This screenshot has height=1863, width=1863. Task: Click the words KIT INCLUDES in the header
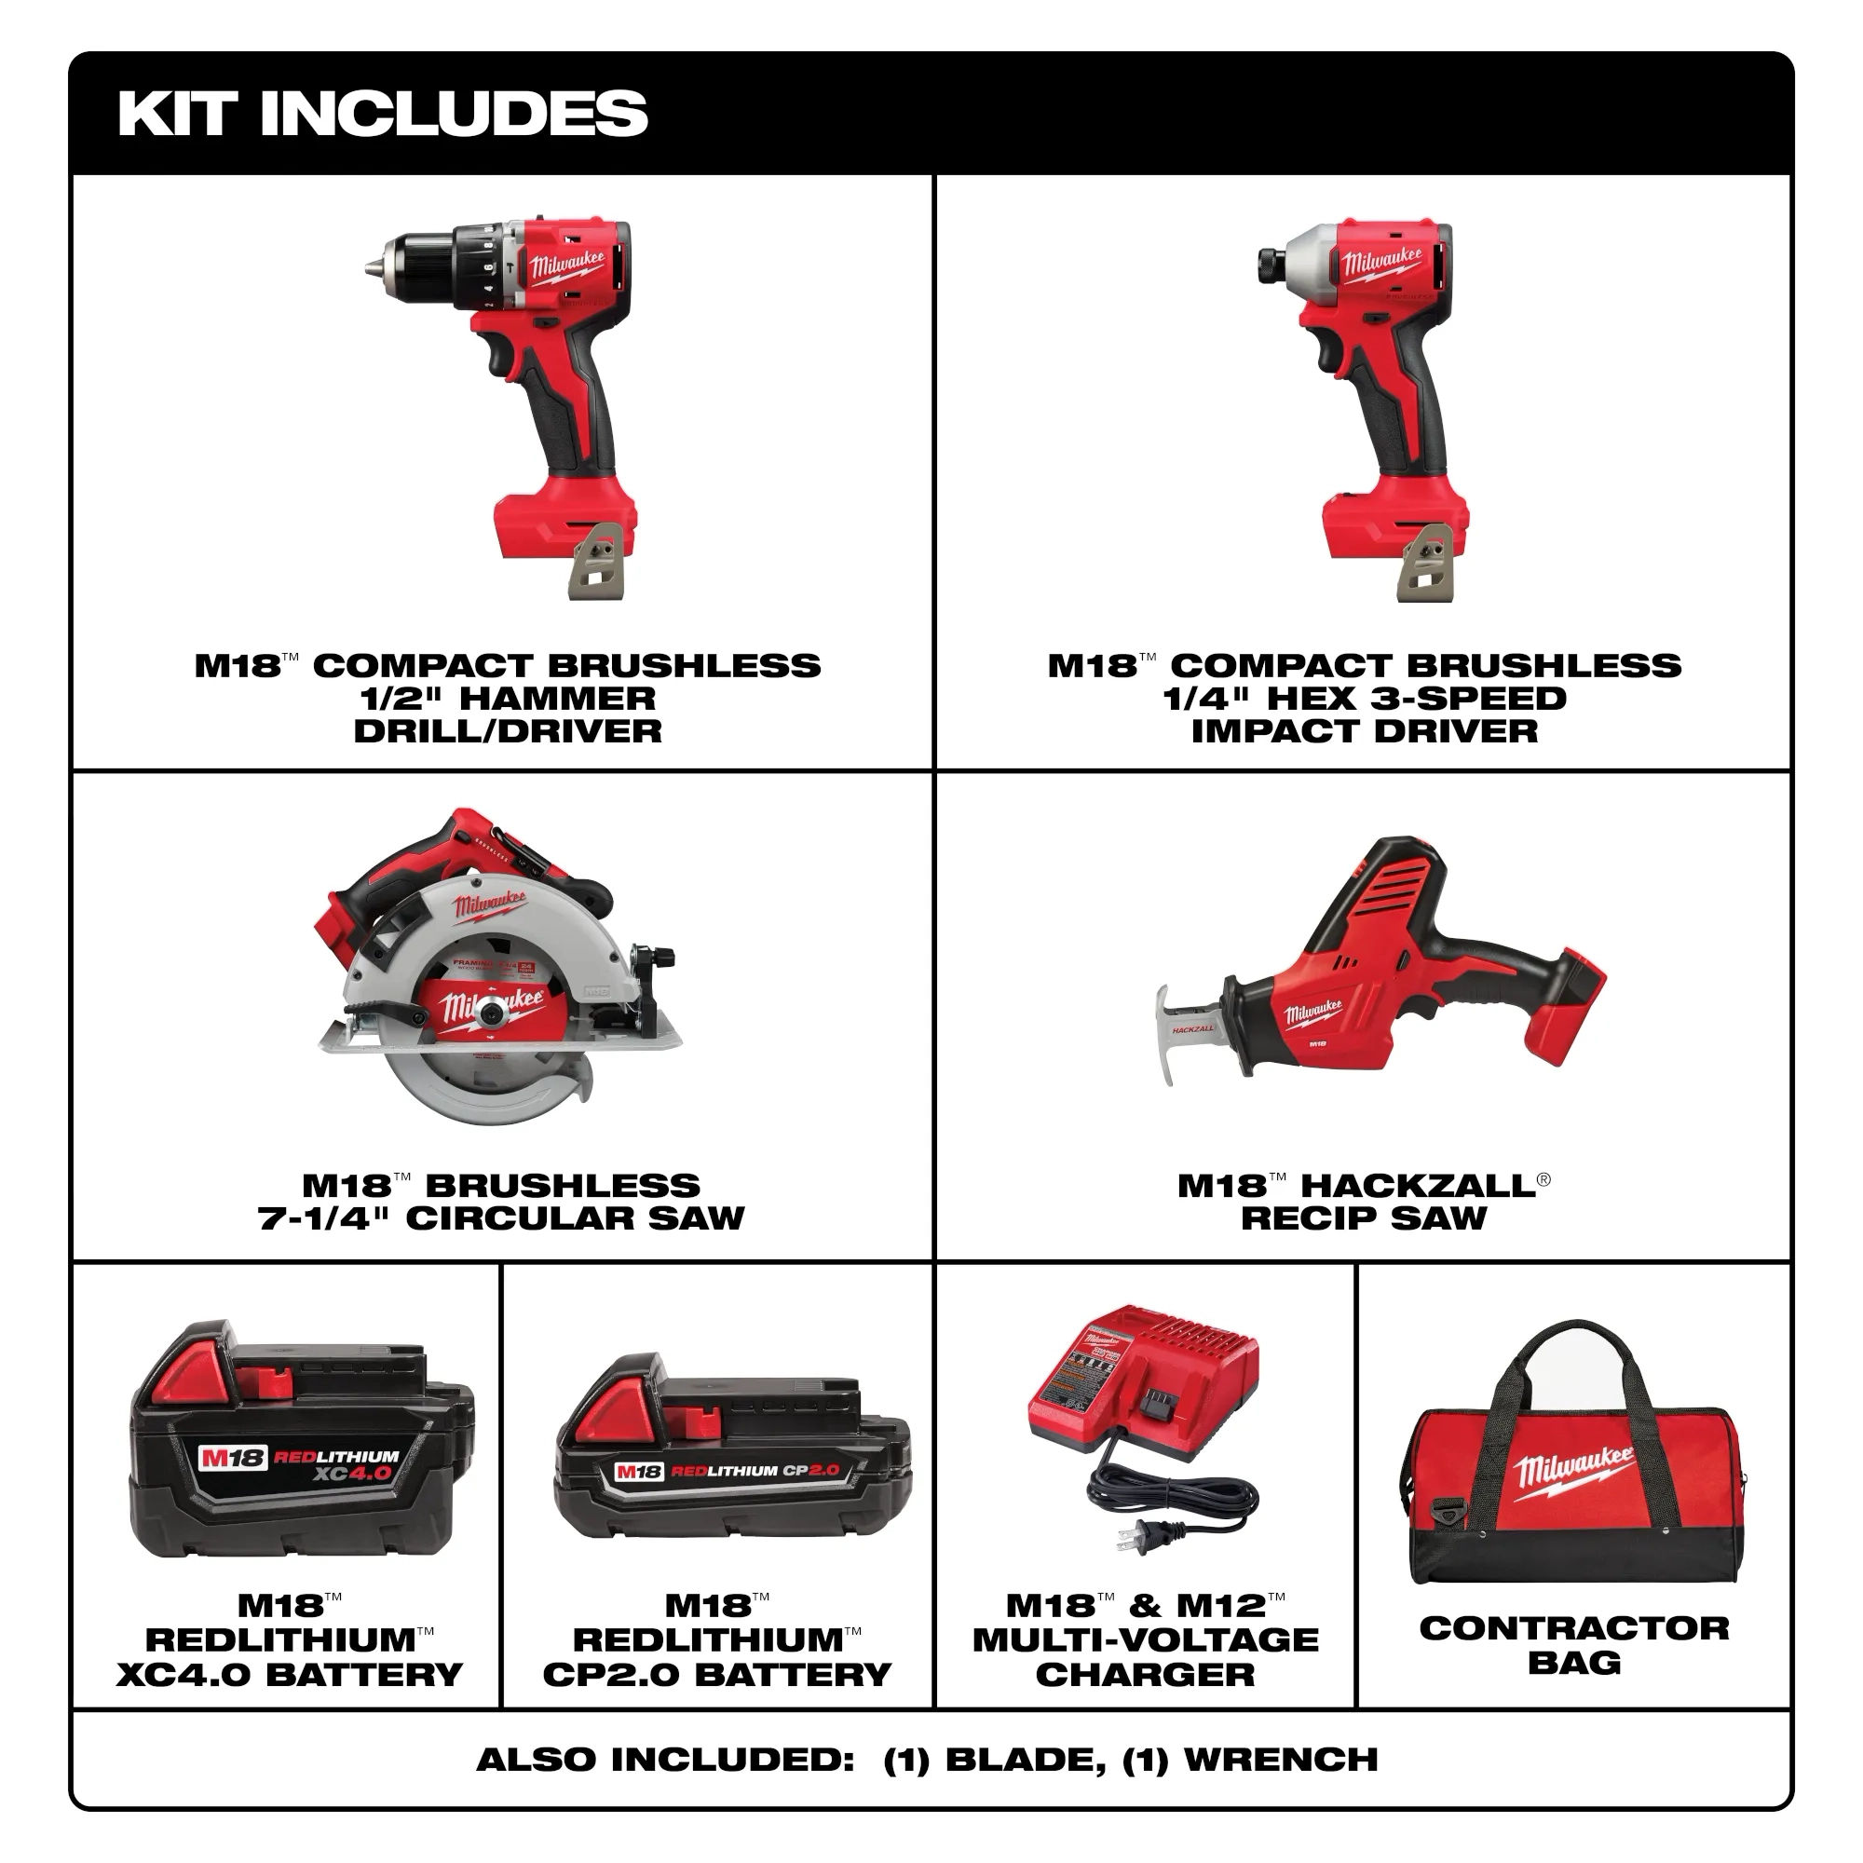[x=382, y=113]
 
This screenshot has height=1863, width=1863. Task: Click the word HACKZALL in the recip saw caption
[x=1418, y=1185]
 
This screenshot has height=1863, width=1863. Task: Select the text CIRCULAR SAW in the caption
[x=575, y=1217]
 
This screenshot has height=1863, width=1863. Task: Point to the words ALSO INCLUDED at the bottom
[x=665, y=1760]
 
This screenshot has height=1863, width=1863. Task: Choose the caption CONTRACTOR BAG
[x=1573, y=1645]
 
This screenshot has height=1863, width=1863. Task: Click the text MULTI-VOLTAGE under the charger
[x=1145, y=1639]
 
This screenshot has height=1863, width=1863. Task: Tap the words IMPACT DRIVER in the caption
[x=1365, y=731]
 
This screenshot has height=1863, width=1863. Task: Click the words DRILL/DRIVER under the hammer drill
[x=508, y=731]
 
